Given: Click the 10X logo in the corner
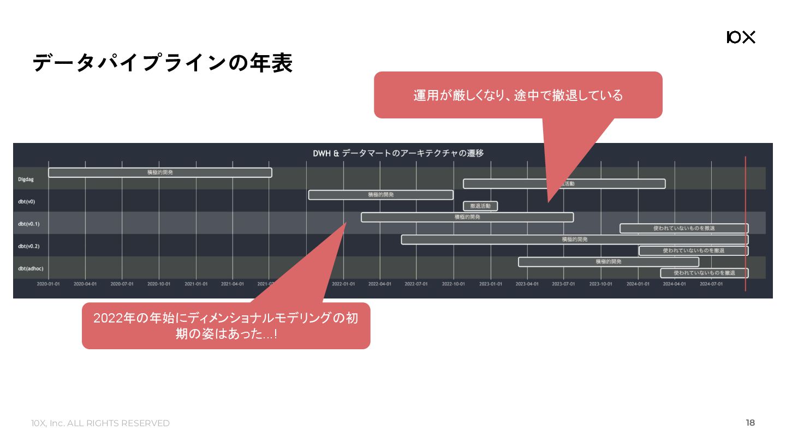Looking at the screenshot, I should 741,37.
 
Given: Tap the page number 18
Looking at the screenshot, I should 750,422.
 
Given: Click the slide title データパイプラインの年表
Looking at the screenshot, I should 163,63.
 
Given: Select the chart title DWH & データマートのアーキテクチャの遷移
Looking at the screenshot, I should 398,153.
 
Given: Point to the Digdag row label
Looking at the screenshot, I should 26,179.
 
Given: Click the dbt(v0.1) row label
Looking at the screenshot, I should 28,224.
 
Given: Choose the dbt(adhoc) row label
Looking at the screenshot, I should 31,268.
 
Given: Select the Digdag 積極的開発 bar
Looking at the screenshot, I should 160,172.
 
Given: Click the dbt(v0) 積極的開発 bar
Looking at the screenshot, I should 380,195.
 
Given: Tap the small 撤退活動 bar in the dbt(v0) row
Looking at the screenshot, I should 480,206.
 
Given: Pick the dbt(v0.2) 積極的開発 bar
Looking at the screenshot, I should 575,240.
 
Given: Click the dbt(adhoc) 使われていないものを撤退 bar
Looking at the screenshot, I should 704,273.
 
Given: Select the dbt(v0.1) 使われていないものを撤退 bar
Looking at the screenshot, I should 684,228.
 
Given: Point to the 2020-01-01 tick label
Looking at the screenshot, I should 49,284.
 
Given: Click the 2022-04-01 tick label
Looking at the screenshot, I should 380,284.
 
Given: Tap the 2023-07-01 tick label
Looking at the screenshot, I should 563,284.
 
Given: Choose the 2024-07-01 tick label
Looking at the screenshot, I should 711,284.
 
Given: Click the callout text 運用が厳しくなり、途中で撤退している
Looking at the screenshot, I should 517,95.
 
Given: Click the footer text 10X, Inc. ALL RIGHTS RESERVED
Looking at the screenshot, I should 100,423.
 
